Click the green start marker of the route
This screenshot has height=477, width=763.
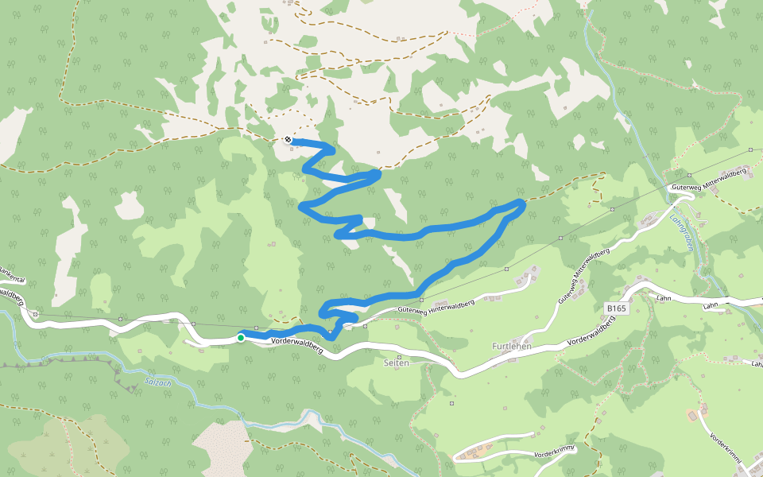(241, 338)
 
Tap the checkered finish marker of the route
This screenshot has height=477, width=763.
(288, 140)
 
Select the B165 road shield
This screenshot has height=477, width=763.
(616, 308)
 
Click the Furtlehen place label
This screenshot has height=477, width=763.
(511, 347)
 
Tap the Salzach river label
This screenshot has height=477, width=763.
(158, 382)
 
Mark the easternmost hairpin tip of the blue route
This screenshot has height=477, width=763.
(522, 205)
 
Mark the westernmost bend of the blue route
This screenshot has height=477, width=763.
(301, 207)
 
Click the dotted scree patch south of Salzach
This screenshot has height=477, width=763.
(219, 444)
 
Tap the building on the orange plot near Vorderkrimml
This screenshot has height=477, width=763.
(693, 415)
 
